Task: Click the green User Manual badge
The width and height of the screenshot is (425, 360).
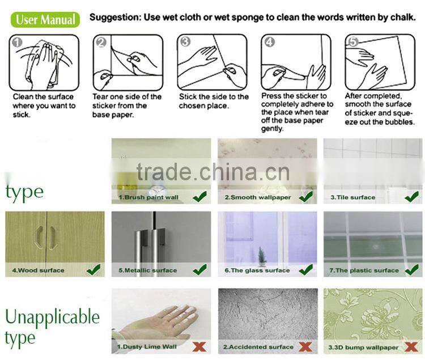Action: pos(45,19)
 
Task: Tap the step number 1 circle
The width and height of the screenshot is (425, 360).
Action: pos(17,43)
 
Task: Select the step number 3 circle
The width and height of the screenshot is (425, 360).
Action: pos(185,42)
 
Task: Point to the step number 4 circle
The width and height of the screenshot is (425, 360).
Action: pos(269,42)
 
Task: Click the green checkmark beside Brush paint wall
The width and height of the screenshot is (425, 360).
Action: pos(200,196)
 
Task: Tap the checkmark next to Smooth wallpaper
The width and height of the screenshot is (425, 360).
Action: pos(306,196)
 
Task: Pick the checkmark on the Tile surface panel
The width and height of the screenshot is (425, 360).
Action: pos(412,196)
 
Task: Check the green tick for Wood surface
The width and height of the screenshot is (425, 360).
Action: pos(93,269)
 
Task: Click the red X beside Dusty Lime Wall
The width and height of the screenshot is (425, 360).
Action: pos(199,347)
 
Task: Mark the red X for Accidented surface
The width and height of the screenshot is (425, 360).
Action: pos(305,347)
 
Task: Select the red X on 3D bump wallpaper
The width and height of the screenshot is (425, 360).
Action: pos(411,347)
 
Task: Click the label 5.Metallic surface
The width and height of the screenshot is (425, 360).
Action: pos(148,270)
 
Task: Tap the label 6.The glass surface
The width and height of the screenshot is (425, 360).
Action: pos(257,270)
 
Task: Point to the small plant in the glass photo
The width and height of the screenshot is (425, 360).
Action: pos(262,256)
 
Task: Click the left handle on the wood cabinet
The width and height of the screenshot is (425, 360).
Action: pos(39,238)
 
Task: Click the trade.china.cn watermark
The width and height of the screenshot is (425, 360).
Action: pos(213,172)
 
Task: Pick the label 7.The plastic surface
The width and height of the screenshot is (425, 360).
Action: pos(364,270)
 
